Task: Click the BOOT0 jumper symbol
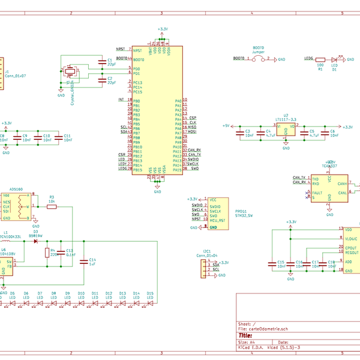pos(257,59)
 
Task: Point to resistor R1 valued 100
pos(320,59)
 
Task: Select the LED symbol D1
pos(336,59)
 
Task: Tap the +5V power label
pos(226,126)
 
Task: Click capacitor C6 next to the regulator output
pos(325,132)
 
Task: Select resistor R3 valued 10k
pos(52,206)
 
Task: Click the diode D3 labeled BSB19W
pos(35,241)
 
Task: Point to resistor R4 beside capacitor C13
pos(47,253)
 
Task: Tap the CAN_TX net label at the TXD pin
pos(299,178)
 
